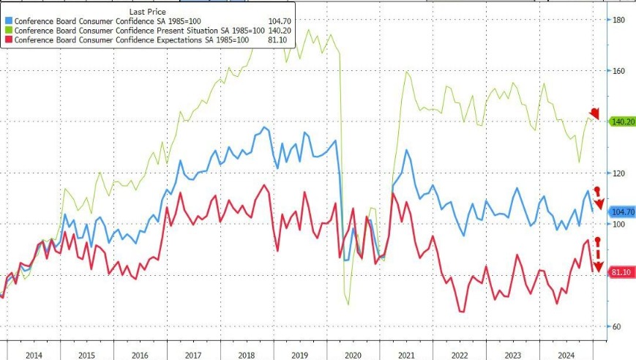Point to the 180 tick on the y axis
click(x=618, y=20)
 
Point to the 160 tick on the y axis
click(x=618, y=71)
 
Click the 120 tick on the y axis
click(x=618, y=173)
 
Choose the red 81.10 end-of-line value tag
click(x=621, y=272)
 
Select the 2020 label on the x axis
click(x=352, y=354)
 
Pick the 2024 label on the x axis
click(x=566, y=354)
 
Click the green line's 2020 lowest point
click(x=348, y=304)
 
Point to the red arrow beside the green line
click(x=594, y=113)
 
